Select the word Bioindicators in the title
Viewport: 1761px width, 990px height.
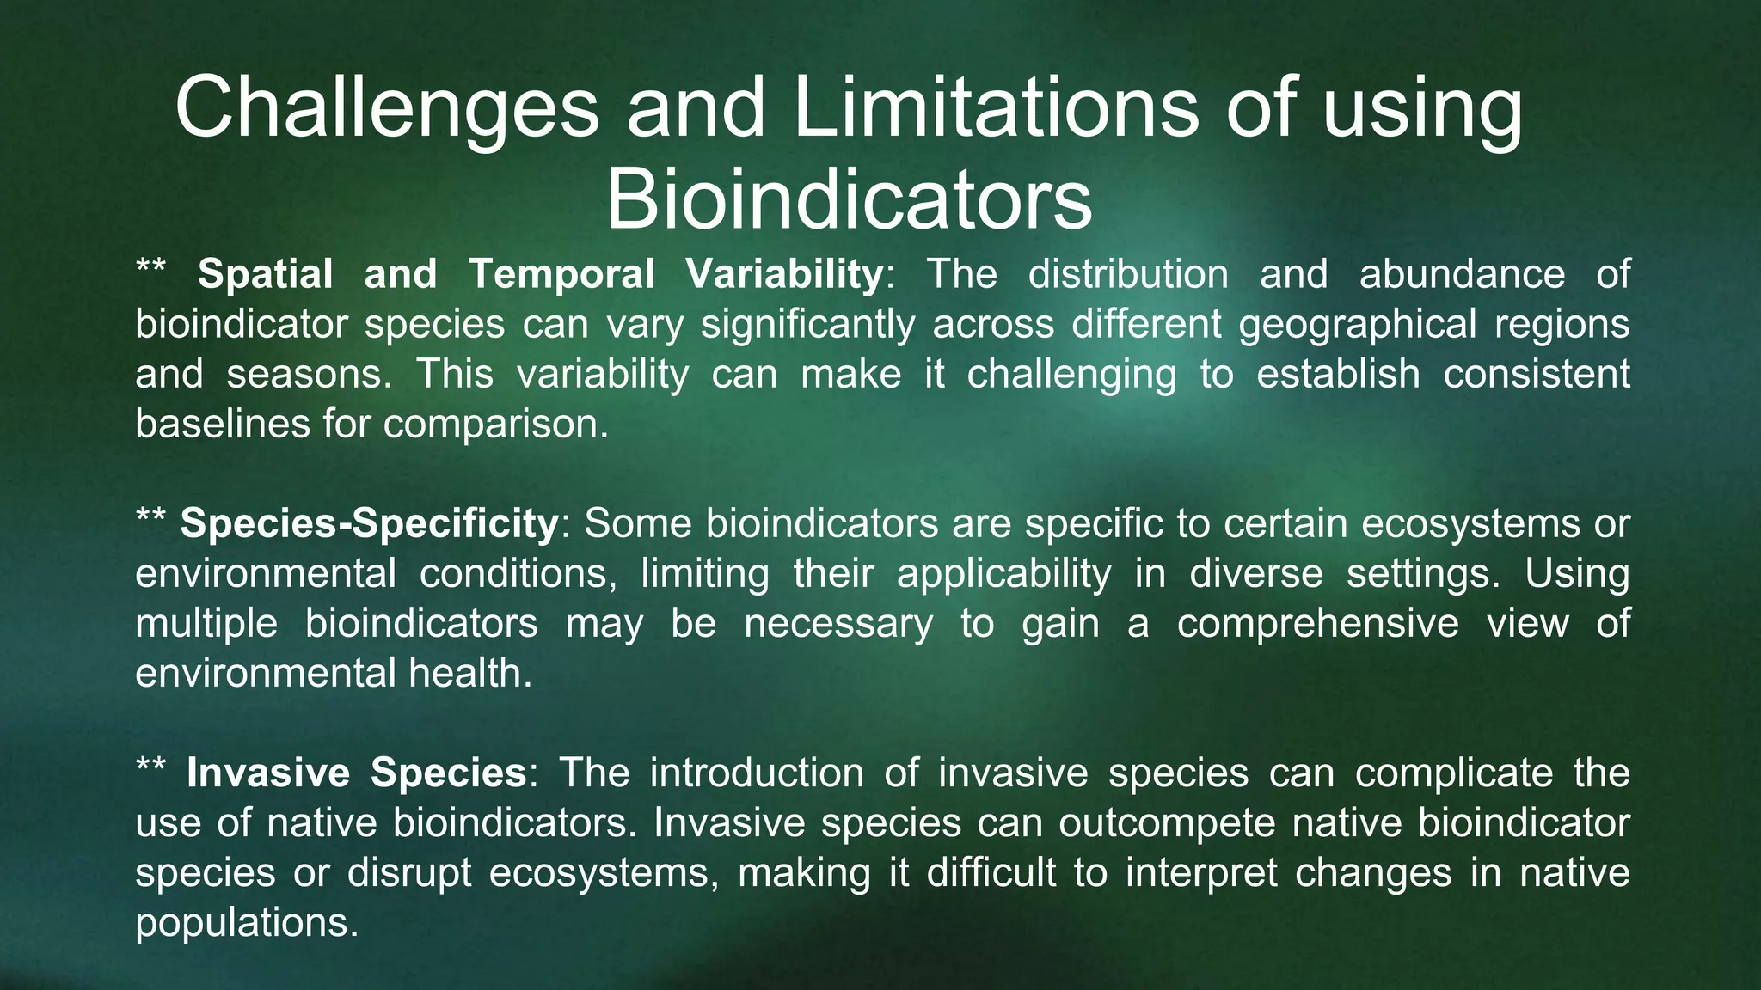[x=849, y=200]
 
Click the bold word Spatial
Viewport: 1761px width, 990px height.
[x=265, y=275]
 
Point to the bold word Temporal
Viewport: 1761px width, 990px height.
[x=561, y=275]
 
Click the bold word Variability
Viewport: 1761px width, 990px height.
[x=784, y=275]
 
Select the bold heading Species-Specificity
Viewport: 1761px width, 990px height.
[x=370, y=524]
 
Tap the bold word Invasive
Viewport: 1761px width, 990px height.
[x=268, y=773]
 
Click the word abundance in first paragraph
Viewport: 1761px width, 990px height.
[x=1462, y=275]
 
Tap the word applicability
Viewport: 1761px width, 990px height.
[x=1003, y=574]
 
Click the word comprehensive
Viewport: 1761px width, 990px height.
[x=1317, y=624]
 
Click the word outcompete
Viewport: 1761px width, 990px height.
[x=1167, y=823]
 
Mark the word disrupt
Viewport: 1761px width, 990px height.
[x=409, y=873]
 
